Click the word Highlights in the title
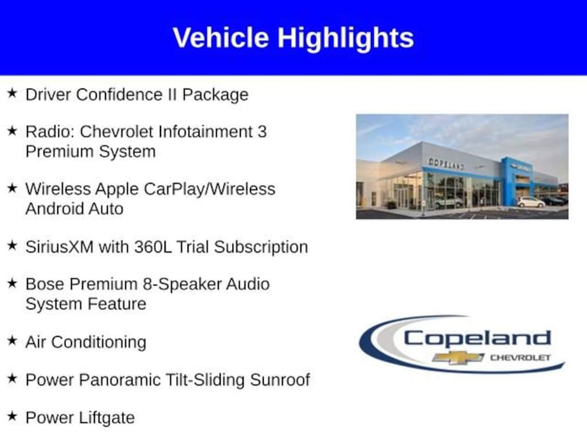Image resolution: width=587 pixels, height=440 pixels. (x=346, y=38)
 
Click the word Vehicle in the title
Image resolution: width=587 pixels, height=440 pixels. (x=221, y=37)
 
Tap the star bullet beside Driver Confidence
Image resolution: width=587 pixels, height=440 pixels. (x=12, y=93)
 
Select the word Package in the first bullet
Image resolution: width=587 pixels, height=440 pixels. (x=216, y=95)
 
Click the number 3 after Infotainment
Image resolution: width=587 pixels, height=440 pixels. (x=261, y=132)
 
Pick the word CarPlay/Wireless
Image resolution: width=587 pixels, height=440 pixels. (x=210, y=189)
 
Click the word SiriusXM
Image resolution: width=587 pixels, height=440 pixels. (x=59, y=247)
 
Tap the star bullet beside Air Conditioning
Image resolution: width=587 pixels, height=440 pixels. (x=12, y=340)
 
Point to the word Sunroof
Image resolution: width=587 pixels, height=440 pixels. (x=280, y=380)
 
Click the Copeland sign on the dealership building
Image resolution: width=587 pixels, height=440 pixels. (x=446, y=163)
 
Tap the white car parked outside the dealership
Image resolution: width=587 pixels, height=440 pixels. (x=530, y=202)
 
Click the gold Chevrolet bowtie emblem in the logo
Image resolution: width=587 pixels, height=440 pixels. (x=458, y=357)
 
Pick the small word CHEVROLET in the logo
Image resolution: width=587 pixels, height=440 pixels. (x=521, y=357)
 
